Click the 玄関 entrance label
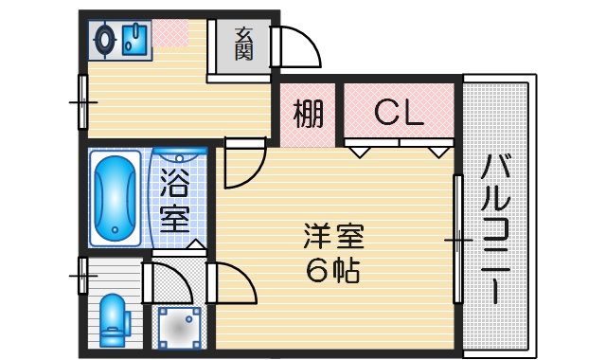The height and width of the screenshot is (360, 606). coord(243,44)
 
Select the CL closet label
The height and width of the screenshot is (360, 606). coord(398,114)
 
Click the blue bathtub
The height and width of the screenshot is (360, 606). coord(115,199)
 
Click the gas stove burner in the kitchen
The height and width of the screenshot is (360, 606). coord(106,39)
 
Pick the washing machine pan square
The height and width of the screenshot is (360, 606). coord(177,328)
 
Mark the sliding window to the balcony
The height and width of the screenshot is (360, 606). coord(458,242)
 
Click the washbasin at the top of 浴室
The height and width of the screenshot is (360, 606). coord(178,155)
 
